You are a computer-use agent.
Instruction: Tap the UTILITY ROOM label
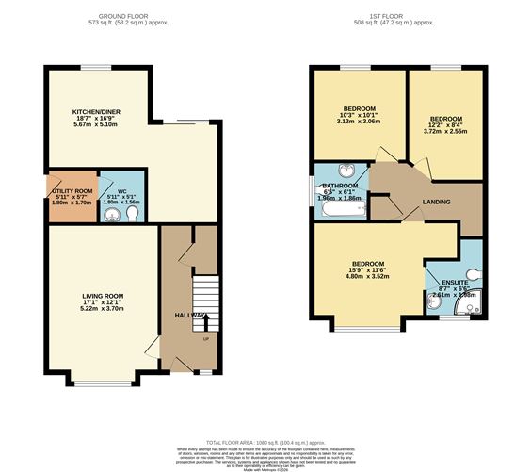coord(72,191)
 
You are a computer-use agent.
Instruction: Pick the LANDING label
coord(436,202)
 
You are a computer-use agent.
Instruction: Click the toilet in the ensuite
coord(471,275)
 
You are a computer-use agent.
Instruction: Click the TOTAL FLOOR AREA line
coord(265,441)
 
